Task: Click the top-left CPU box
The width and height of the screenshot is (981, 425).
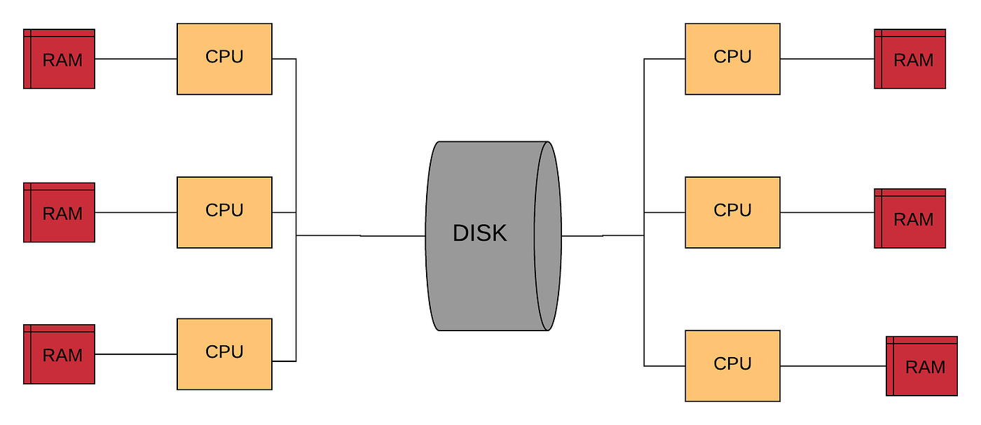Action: click(x=224, y=59)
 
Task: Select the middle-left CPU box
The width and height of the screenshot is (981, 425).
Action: click(x=224, y=212)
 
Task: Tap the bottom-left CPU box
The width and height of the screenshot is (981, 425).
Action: click(x=224, y=354)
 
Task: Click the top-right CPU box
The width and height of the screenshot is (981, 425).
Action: click(x=732, y=59)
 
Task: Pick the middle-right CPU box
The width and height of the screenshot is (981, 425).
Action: click(x=732, y=212)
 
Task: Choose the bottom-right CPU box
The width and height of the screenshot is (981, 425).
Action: click(x=732, y=365)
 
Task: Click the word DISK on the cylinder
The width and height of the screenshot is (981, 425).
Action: click(x=479, y=233)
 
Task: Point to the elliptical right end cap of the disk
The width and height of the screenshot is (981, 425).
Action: click(x=548, y=236)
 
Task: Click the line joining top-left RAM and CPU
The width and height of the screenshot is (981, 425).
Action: click(x=135, y=59)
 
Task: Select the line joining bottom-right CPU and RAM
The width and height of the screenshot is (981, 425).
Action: click(x=832, y=365)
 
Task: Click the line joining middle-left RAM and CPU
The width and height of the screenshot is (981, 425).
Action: click(x=135, y=212)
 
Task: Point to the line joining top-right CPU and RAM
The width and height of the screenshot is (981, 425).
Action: click(x=827, y=59)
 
